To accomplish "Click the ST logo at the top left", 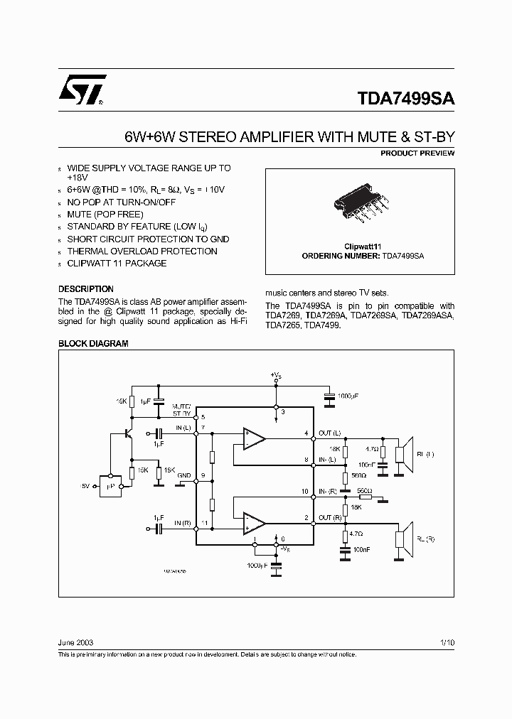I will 82,90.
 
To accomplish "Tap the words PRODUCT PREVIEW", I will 417,153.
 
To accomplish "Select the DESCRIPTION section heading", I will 85,289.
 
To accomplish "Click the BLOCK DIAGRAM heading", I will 92,343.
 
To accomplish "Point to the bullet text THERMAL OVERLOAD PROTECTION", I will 142,252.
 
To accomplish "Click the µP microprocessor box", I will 111,486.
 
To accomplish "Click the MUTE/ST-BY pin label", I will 182,409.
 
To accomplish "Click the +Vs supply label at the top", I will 276,374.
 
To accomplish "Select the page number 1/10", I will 447,642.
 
